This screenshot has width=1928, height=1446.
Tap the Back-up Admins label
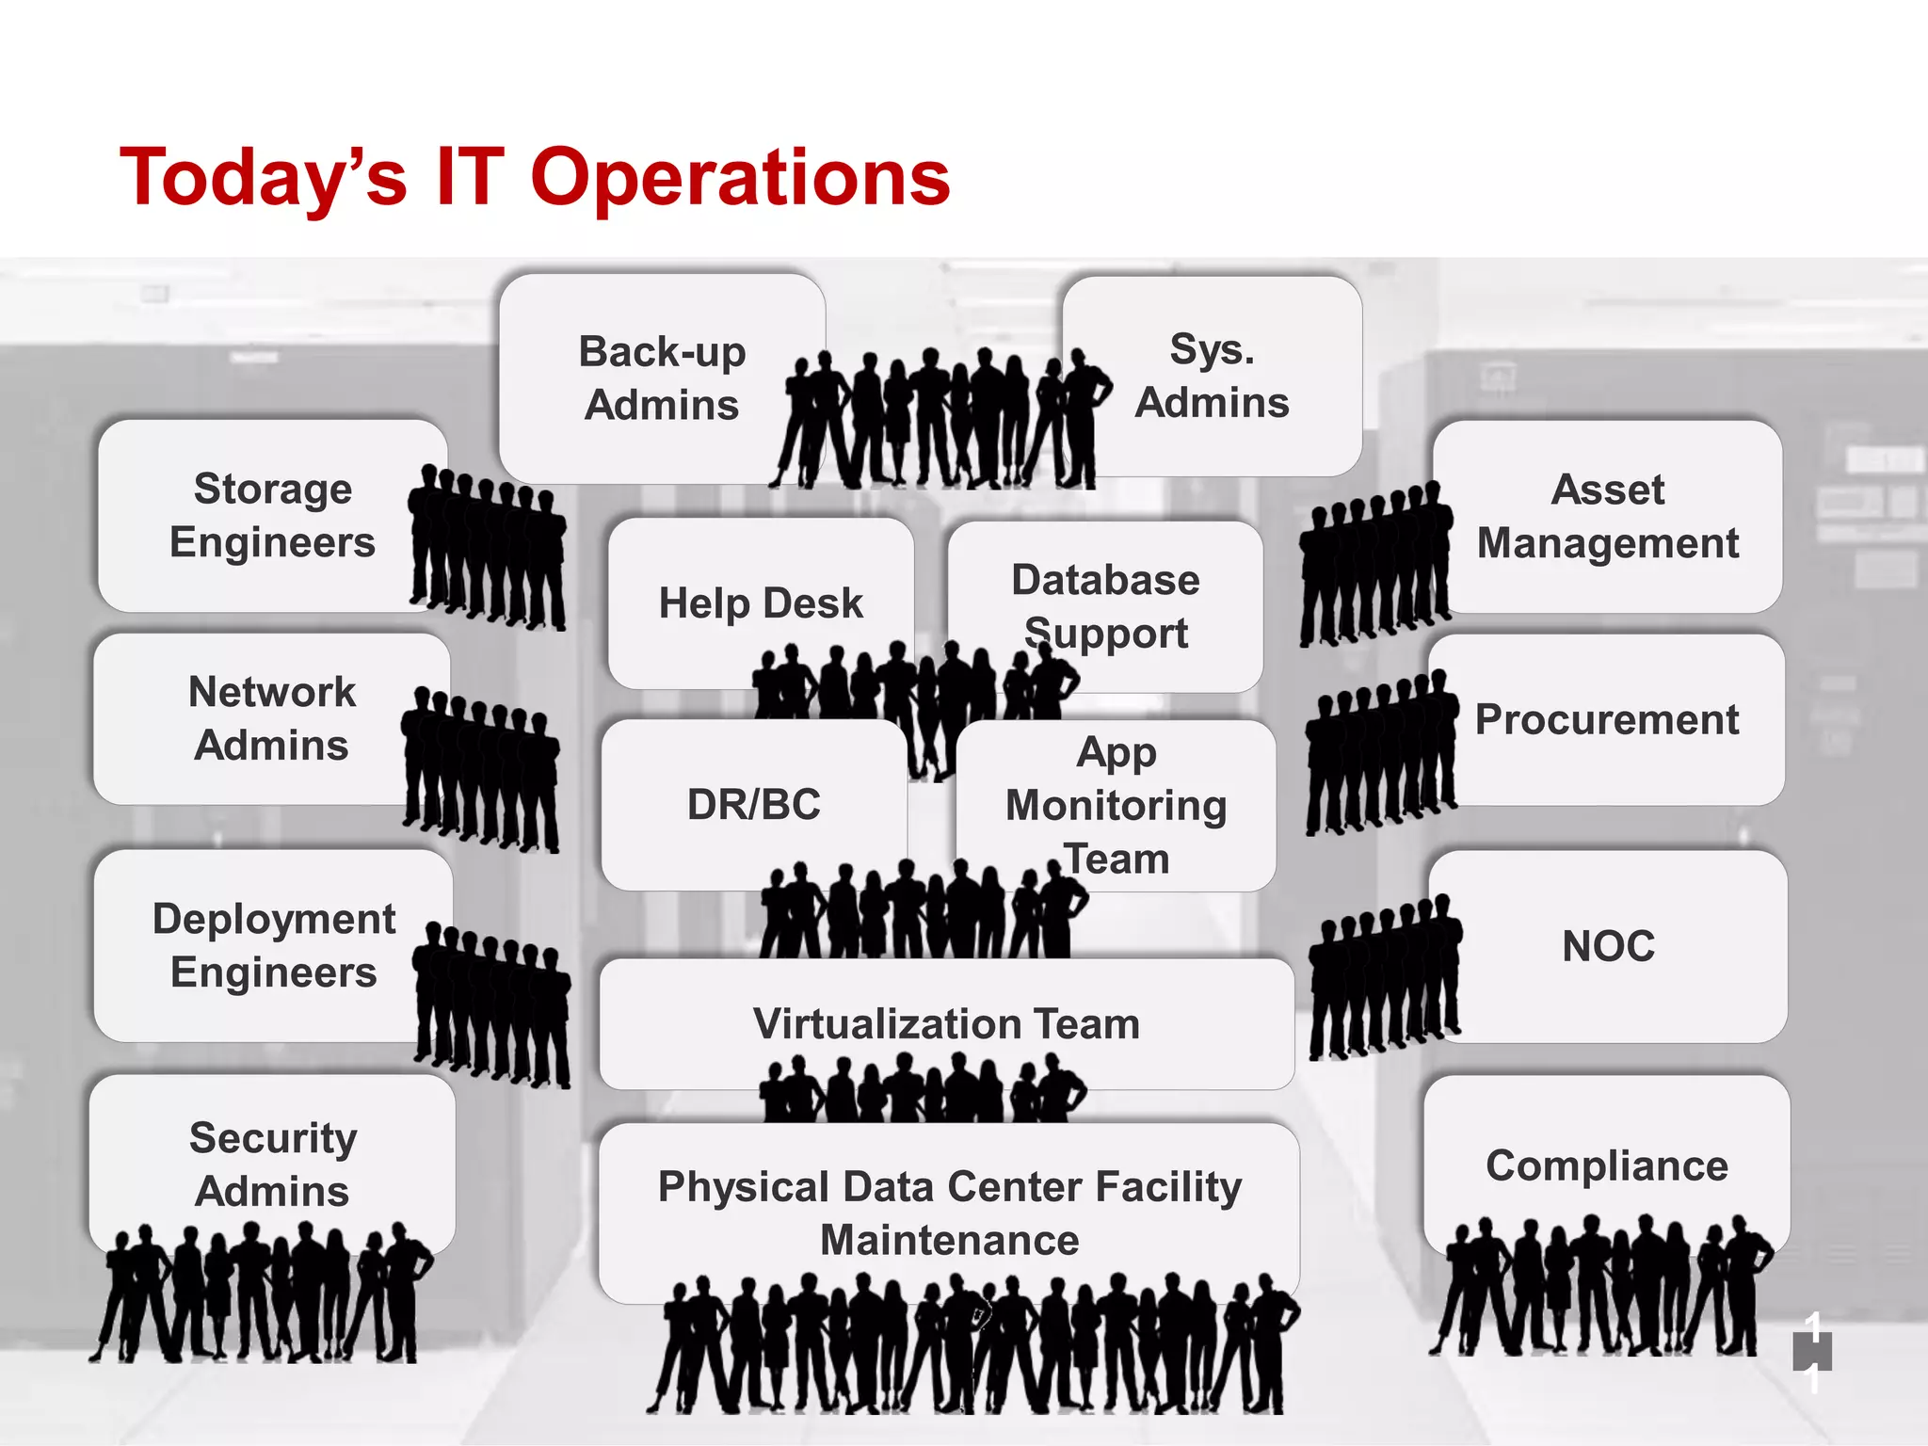[x=662, y=378]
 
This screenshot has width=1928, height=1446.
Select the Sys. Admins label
[x=1212, y=376]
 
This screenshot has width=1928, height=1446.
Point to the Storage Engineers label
[x=272, y=515]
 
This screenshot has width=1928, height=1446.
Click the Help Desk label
[x=760, y=602]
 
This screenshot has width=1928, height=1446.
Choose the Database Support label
[x=1105, y=606]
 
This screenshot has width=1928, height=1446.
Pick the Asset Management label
[x=1607, y=516]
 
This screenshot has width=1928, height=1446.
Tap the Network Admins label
[x=271, y=718]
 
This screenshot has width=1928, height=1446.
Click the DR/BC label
[x=753, y=804]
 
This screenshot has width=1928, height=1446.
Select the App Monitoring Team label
[x=1116, y=805]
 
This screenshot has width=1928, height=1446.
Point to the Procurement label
[x=1606, y=719]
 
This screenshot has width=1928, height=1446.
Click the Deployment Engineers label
[x=273, y=945]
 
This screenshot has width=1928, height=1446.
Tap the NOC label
[x=1608, y=946]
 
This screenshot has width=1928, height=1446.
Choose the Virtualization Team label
[x=946, y=1023]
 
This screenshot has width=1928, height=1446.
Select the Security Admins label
[x=273, y=1164]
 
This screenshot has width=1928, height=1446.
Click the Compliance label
[x=1606, y=1165]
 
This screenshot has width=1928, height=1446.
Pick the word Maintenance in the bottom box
[x=949, y=1240]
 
